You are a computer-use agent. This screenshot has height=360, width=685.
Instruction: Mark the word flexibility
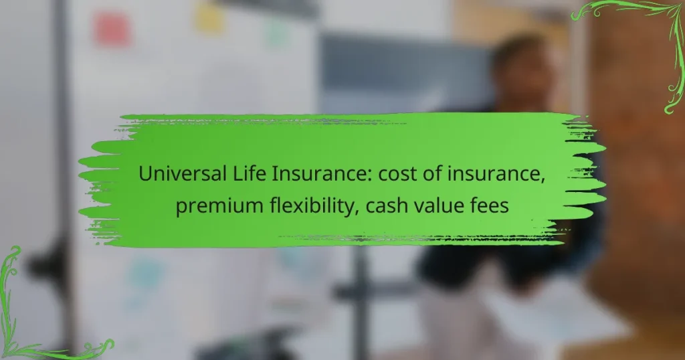(305, 206)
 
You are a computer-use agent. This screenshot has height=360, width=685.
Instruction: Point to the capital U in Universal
(145, 175)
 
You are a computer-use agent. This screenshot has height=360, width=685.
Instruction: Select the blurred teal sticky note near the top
(277, 32)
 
